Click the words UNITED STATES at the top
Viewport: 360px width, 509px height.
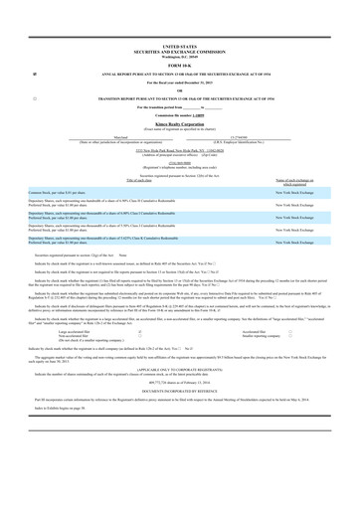[179, 46]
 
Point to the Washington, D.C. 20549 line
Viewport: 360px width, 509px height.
[179, 56]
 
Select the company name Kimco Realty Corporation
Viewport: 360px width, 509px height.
[179, 125]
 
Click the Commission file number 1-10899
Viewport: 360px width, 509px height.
[179, 117]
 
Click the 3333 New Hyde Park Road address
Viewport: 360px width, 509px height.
[179, 150]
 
